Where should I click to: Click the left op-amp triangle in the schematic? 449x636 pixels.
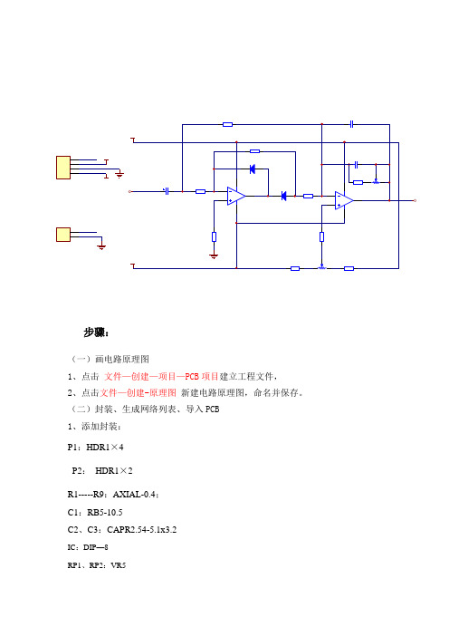tap(236, 196)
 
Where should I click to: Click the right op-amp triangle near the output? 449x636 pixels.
tap(344, 200)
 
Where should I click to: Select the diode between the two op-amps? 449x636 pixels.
tap(283, 197)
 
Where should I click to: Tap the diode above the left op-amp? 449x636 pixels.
tap(253, 169)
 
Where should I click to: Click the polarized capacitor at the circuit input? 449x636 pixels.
tap(167, 191)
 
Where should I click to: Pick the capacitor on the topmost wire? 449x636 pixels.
tap(352, 124)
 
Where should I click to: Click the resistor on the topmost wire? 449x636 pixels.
tap(228, 124)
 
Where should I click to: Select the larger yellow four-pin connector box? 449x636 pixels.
tap(63, 168)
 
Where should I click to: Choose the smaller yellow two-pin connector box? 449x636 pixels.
tap(63, 235)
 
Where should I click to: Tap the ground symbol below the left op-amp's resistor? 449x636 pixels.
tap(214, 256)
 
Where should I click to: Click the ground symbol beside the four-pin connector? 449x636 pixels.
tap(119, 175)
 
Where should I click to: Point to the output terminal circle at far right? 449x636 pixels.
tap(415, 200)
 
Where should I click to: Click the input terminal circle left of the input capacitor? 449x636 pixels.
tap(129, 191)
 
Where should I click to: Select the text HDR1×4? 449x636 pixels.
tap(105, 448)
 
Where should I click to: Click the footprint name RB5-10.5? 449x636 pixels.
tap(105, 512)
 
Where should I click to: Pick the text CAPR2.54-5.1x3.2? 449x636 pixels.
tap(142, 530)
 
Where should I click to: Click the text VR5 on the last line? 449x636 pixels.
tap(119, 565)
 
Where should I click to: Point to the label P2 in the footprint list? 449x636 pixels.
tap(78, 471)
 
